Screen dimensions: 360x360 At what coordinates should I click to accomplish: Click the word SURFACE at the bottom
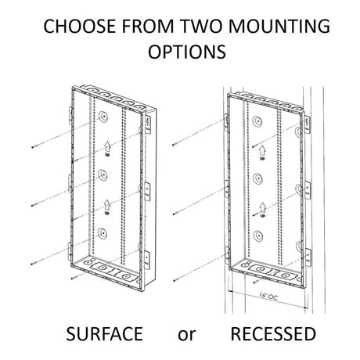coord(104,333)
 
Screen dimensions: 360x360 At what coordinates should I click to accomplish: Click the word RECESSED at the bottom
coord(273,333)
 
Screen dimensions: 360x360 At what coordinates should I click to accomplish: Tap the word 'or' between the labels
coord(186,335)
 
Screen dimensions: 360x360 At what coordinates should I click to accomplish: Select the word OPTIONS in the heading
coord(187,52)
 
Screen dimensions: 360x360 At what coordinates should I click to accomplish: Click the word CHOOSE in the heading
coord(80,26)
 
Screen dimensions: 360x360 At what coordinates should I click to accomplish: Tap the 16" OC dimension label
coord(268,296)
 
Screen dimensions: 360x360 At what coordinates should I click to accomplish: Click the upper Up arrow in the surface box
coord(107,146)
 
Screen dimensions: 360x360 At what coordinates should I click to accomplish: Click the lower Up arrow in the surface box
coord(107,205)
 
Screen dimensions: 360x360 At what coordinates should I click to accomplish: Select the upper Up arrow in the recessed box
coord(262,150)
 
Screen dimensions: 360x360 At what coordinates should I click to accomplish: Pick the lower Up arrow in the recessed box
coord(262,208)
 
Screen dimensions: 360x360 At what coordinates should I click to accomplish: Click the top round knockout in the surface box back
coord(103,117)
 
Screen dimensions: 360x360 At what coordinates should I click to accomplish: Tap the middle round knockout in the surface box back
coord(103,175)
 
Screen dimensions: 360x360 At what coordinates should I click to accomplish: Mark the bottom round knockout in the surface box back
coord(103,233)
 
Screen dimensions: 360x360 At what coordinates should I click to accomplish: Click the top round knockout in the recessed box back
coord(257,121)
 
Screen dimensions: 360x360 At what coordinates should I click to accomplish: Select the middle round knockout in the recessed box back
coord(257,178)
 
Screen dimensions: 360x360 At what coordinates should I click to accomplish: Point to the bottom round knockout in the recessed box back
coord(257,236)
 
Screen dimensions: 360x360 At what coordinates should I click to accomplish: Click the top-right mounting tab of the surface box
coord(148,124)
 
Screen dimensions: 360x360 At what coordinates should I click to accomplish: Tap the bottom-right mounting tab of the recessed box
coord(308,257)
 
